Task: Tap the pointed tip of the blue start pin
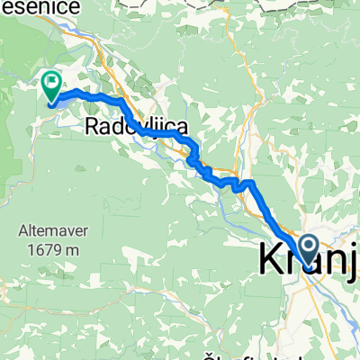tap(307, 268)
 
